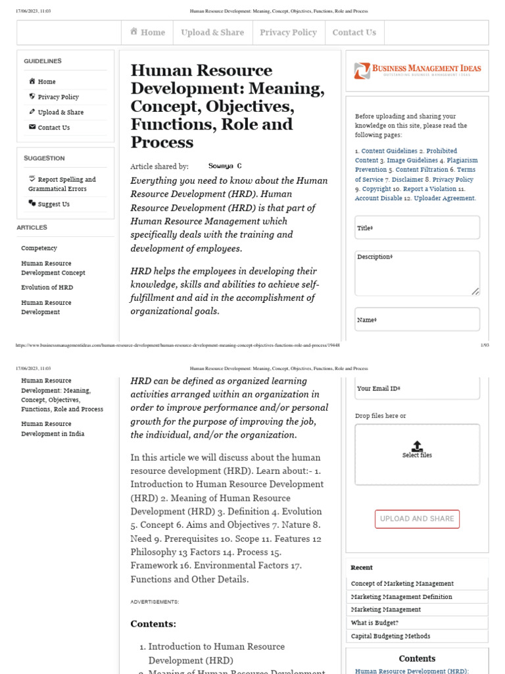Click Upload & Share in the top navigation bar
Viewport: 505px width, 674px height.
212,32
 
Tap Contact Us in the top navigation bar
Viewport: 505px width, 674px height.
354,32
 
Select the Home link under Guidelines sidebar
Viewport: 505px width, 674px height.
46,82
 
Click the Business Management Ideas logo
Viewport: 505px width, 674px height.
417,70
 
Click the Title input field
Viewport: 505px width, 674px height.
417,228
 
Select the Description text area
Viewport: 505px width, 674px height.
417,272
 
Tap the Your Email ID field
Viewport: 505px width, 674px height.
417,388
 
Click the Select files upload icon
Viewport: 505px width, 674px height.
417,446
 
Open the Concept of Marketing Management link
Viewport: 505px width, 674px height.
402,584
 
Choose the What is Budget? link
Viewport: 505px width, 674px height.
374,623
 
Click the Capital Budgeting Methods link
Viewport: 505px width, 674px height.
390,636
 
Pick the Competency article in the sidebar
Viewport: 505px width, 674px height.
39,248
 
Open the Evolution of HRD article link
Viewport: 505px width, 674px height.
47,288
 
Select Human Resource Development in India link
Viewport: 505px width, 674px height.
53,429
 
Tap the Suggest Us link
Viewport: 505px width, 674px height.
53,204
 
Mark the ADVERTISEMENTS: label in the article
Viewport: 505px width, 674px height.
155,602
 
